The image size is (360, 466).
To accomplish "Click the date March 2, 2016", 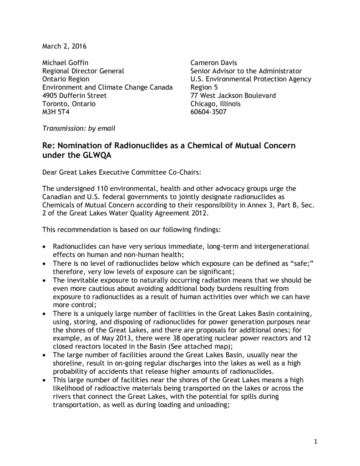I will coord(64,46).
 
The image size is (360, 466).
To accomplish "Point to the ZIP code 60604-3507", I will coord(208,112).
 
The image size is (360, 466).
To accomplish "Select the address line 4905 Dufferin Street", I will coord(75,96).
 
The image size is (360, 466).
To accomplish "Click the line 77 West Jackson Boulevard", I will coord(233,96).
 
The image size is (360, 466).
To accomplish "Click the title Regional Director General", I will coord(83,71).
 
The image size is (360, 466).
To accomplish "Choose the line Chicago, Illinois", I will coord(216,104).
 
